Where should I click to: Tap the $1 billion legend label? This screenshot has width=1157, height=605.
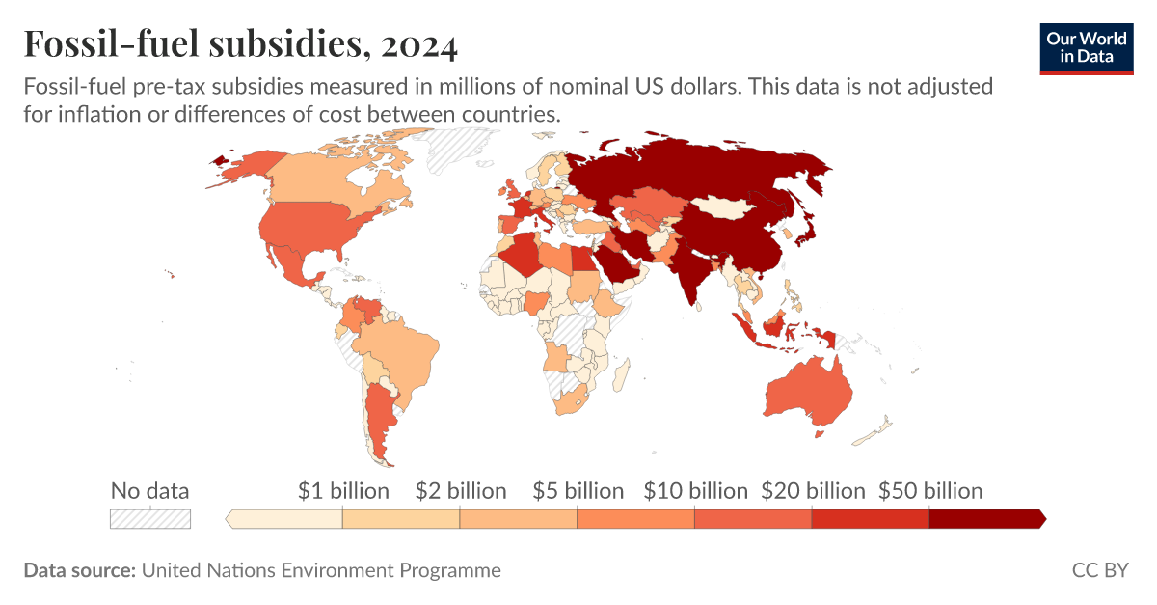point(343,490)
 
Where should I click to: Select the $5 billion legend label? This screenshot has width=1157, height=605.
point(578,490)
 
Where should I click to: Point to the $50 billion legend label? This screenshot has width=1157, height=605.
point(929,490)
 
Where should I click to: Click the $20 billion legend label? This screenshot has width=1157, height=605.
point(813,490)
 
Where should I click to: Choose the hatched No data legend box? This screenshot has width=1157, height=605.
point(150,519)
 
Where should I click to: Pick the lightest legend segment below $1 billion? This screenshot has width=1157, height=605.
point(285,519)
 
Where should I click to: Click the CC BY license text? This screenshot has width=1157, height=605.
point(1099,570)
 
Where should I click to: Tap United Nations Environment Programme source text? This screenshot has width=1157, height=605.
point(321,570)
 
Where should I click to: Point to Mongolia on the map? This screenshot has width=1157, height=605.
point(725,206)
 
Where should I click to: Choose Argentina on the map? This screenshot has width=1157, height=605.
point(378,416)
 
